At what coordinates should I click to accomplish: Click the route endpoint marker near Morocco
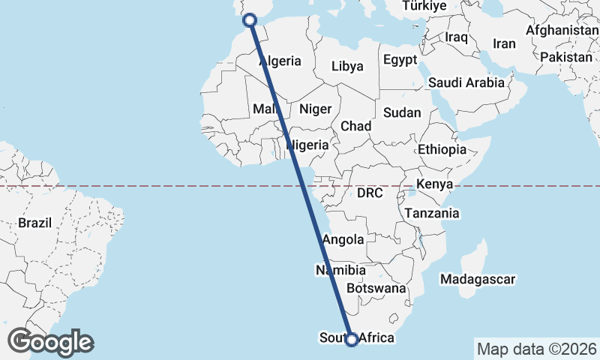250,19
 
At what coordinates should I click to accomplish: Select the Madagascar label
478,280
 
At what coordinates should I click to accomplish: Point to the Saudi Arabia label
466,82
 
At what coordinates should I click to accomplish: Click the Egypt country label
399,60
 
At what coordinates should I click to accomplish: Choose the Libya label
347,66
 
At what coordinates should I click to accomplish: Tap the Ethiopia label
442,149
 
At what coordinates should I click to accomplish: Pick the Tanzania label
431,214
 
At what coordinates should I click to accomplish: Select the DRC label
370,193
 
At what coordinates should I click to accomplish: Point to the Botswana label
376,288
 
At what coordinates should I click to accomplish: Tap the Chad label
355,126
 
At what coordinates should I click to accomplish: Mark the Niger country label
315,109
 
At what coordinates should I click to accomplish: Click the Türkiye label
424,6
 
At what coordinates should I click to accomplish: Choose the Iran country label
504,43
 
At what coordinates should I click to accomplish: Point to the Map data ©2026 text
536,349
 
